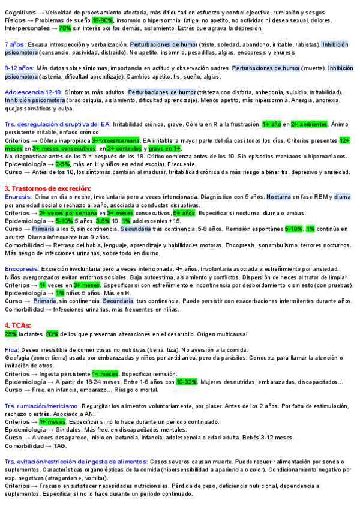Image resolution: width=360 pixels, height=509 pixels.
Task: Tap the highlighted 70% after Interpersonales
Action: pos(65,28)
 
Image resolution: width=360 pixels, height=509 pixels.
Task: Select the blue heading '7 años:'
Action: pos(15,44)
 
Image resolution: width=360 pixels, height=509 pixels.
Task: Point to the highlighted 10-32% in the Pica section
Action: pos(187,381)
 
